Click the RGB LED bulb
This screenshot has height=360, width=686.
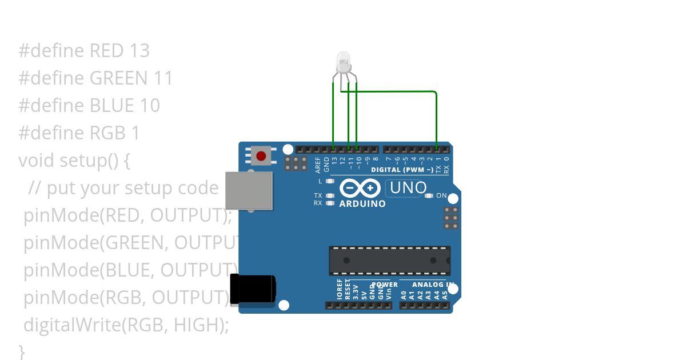click(343, 62)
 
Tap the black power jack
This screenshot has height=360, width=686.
click(252, 289)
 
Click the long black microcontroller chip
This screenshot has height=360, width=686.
click(389, 260)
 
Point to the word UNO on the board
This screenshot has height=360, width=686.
click(408, 187)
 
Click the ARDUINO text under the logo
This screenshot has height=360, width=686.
click(362, 204)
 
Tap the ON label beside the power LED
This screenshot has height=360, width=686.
click(441, 195)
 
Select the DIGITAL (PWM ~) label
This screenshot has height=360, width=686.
click(402, 170)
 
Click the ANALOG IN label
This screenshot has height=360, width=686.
click(433, 285)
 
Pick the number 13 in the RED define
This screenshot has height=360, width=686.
click(139, 51)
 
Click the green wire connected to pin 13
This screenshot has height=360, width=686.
click(333, 114)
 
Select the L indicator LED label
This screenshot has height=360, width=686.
click(321, 182)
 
